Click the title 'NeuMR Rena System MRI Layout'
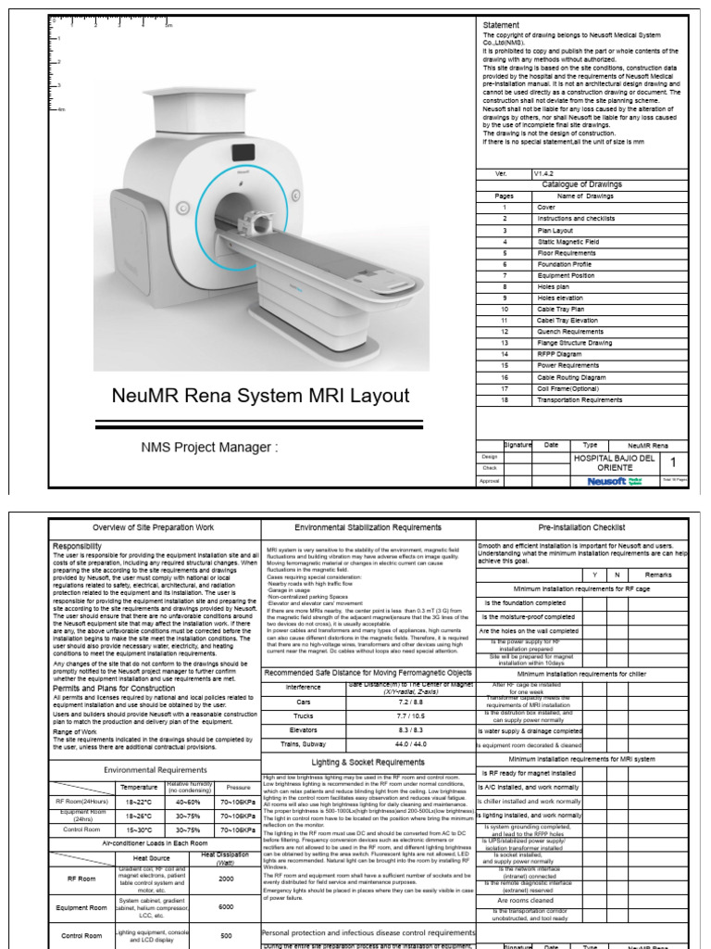[260, 396]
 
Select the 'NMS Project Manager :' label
[208, 448]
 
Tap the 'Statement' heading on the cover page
[501, 25]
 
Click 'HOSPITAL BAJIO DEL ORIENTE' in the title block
[614, 462]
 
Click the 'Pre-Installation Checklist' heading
[581, 527]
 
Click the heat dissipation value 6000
[226, 906]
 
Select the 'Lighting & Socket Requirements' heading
[369, 762]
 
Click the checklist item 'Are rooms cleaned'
[525, 899]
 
